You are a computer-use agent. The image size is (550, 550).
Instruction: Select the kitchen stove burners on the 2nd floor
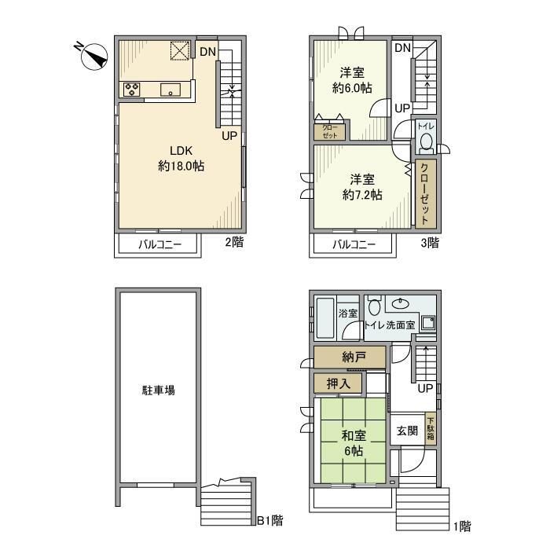(x=131, y=90)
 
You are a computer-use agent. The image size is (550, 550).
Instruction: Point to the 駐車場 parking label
(x=158, y=390)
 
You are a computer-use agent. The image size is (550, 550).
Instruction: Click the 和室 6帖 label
(x=353, y=443)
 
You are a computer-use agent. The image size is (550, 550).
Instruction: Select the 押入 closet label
(x=339, y=383)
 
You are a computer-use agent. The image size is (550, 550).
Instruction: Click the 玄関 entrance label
(x=406, y=431)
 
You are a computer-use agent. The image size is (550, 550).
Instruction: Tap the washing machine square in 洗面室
(x=427, y=322)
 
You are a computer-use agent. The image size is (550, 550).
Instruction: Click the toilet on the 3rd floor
(x=425, y=142)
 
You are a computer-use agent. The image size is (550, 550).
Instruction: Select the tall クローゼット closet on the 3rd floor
(x=425, y=192)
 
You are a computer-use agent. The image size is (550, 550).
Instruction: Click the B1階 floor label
(x=270, y=520)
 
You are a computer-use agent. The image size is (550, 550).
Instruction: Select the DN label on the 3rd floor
(x=402, y=49)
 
